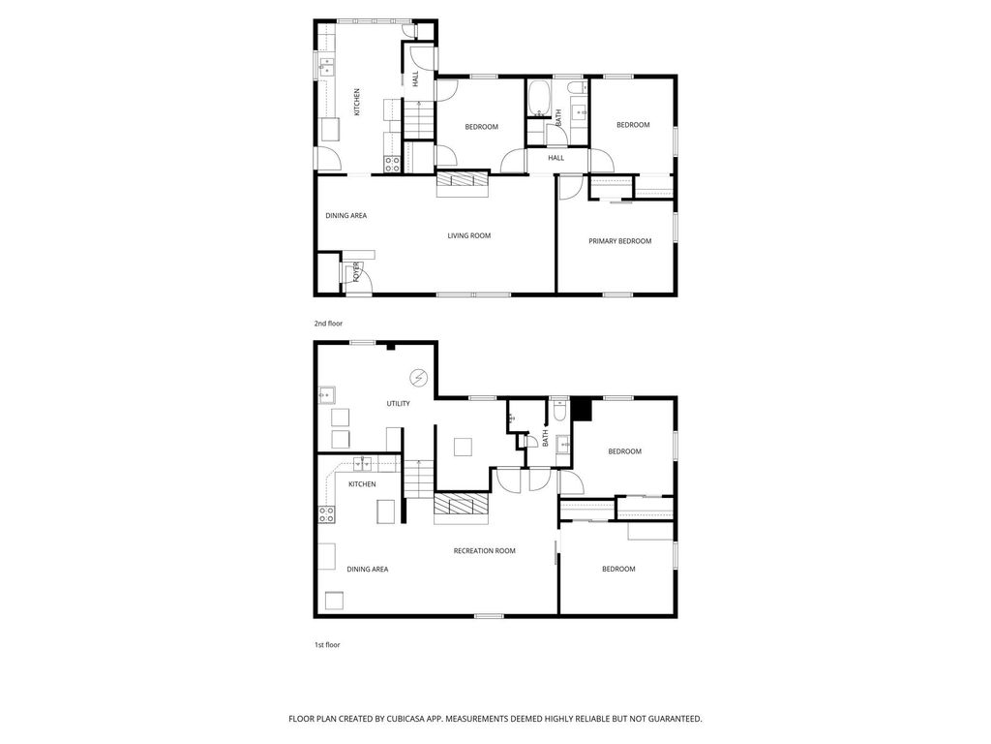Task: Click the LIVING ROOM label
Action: click(x=468, y=235)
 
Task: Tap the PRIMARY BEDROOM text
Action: click(x=619, y=241)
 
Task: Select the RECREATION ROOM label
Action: click(x=484, y=551)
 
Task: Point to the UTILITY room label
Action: click(x=398, y=404)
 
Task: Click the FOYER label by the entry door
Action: click(x=356, y=271)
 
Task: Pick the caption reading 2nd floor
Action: click(x=328, y=324)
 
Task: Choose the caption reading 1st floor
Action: click(x=327, y=644)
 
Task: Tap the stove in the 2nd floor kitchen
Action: click(x=393, y=164)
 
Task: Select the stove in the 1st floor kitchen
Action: click(x=327, y=513)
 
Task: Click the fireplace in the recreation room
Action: click(x=462, y=506)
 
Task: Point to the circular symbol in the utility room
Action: click(x=419, y=377)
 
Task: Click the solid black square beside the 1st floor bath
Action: click(x=582, y=410)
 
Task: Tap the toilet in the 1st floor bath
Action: click(x=559, y=413)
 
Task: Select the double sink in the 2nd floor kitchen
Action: click(x=328, y=67)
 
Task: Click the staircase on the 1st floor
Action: click(x=416, y=479)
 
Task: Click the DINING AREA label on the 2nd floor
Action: click(x=345, y=216)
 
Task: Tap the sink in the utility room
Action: click(x=327, y=395)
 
